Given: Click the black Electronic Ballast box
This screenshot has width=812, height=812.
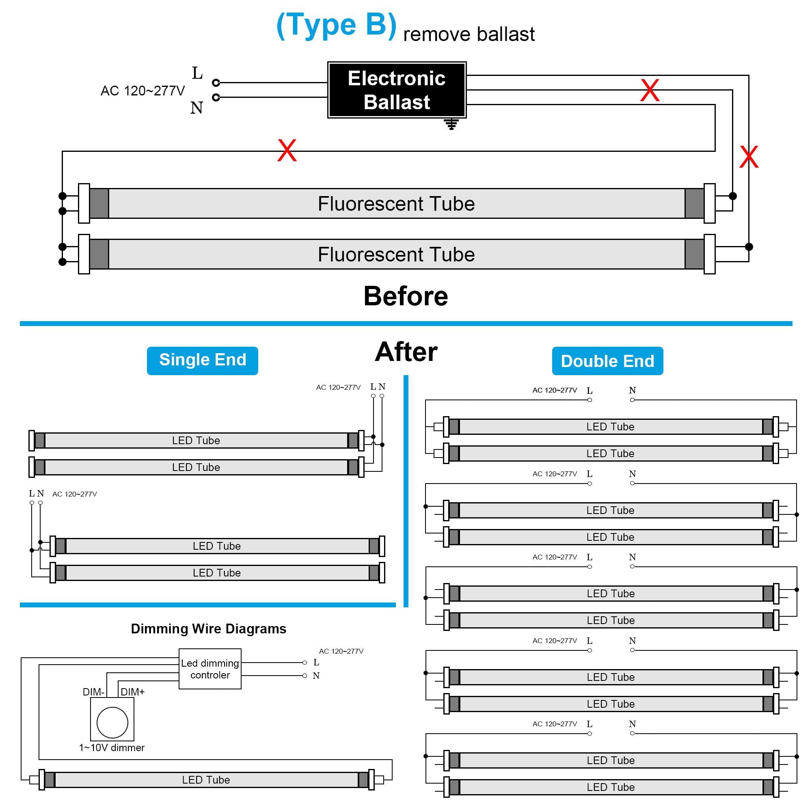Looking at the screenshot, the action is click(397, 90).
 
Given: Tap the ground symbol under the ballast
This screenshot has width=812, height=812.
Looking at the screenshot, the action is click(451, 124).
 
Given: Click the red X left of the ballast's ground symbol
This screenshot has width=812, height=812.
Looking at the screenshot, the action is click(287, 151).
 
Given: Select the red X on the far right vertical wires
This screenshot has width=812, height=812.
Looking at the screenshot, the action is click(749, 157).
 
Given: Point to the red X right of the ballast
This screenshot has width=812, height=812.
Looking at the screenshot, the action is click(650, 90).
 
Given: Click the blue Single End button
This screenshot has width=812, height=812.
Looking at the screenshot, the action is click(203, 361).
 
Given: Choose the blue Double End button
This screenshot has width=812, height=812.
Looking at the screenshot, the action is click(607, 361).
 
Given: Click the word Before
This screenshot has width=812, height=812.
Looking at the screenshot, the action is click(406, 296).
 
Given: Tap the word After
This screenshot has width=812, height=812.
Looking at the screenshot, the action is click(406, 352).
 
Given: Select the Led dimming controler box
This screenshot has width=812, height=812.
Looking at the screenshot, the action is click(210, 669).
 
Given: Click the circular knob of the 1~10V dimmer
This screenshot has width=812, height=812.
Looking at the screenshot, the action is click(112, 723).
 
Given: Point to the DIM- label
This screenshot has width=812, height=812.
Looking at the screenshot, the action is click(93, 692).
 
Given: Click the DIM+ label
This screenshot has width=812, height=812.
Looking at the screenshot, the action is click(132, 692).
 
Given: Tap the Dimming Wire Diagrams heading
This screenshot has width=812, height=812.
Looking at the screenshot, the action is click(208, 628).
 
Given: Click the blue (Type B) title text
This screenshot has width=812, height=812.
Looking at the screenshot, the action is click(336, 25).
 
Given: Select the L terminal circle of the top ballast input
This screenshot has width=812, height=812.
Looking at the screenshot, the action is click(216, 82).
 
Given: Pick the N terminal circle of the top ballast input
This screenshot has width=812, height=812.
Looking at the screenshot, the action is click(216, 97).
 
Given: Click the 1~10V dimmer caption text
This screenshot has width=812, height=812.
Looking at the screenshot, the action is click(112, 748).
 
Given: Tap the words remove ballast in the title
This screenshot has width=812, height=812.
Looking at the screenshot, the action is click(469, 34).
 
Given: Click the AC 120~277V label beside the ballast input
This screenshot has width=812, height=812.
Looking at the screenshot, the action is click(143, 91).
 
